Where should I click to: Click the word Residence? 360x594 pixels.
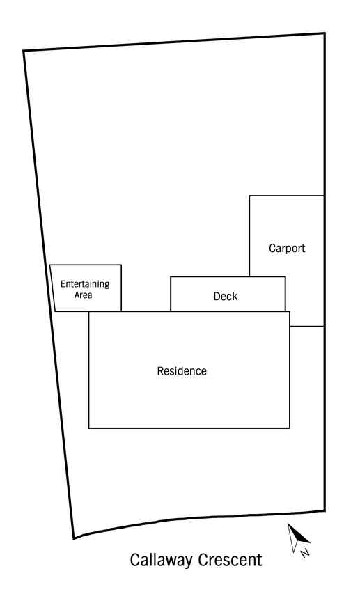182,371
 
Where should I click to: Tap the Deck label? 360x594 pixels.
226,296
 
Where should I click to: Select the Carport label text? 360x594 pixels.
287,249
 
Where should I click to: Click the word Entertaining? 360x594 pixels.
85,284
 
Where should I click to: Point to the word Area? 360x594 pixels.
84,295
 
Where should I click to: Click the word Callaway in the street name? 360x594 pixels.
161,560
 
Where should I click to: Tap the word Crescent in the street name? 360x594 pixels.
230,560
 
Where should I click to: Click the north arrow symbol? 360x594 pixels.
297,537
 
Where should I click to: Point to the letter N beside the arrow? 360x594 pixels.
305,553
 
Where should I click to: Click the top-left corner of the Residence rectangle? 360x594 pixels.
88,311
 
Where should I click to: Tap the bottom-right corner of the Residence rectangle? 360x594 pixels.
290,428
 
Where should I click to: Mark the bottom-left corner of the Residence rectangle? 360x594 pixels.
88,428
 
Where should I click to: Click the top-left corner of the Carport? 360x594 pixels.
250,196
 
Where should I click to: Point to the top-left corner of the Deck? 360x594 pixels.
171,276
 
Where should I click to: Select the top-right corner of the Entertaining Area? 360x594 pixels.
121,265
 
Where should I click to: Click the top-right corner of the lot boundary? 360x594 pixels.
324,33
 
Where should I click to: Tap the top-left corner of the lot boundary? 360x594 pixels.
24,51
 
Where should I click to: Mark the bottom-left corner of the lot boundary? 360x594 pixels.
74,538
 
